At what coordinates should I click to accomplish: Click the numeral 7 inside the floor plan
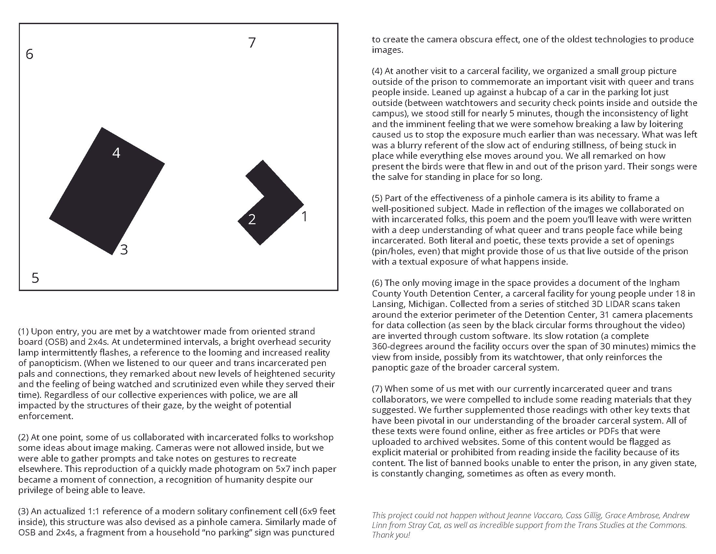252,43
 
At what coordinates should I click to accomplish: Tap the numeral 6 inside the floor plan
30,54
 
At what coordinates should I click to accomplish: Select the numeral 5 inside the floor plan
35,278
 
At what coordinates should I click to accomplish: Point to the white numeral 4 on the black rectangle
117,153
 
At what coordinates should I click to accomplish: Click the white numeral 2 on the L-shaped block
252,220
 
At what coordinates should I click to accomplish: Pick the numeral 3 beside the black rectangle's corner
124,250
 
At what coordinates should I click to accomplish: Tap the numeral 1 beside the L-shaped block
304,217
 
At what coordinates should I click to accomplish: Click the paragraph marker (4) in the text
377,71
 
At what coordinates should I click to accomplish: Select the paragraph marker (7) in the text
377,388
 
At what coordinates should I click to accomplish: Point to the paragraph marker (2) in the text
24,437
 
